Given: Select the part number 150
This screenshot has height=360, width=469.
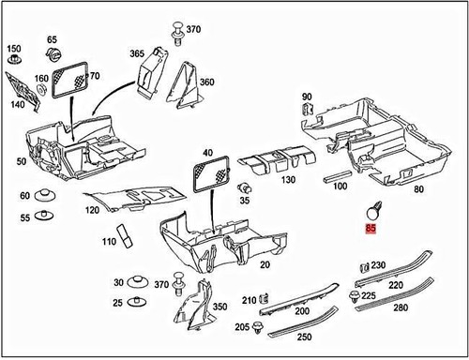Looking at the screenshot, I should [x=13, y=48].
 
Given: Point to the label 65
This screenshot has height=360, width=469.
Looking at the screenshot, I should [x=52, y=39].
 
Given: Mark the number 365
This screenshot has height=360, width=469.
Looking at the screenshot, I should [x=137, y=54].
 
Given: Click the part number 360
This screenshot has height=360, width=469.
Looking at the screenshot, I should [x=207, y=82].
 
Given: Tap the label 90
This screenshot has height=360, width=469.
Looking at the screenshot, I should [x=307, y=97].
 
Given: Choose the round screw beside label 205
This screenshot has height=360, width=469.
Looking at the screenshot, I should [x=256, y=328].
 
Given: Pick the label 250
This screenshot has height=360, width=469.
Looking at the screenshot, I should [x=305, y=337].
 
